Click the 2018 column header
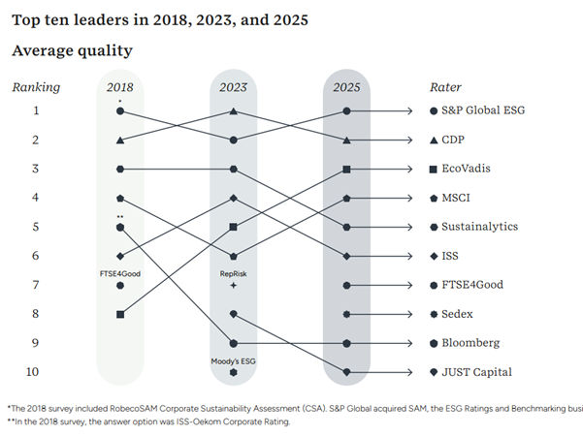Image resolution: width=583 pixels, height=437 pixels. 120,87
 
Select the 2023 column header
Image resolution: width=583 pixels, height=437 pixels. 233,87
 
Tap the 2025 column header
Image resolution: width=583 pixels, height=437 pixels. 346,87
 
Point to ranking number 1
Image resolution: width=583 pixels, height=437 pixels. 36,111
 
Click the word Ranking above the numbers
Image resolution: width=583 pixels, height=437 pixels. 36,87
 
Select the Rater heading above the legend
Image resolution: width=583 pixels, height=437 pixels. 445,87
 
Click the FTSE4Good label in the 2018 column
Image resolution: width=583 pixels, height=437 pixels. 120,274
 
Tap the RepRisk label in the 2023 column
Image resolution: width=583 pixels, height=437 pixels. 234,274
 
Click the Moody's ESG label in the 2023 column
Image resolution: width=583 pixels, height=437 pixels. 234,360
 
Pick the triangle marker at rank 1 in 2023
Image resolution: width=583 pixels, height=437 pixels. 234,111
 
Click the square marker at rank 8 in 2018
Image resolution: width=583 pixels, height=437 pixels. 120,314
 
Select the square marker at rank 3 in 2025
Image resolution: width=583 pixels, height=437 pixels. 346,170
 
